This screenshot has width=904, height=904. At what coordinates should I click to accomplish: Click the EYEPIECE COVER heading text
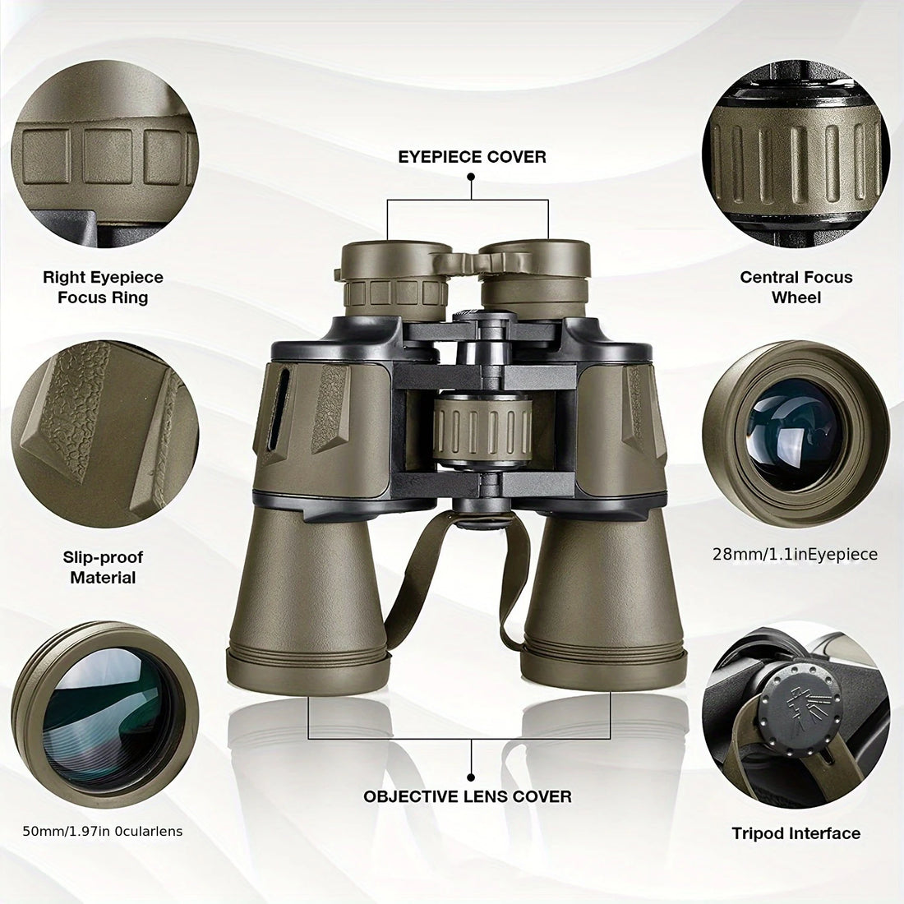(472, 156)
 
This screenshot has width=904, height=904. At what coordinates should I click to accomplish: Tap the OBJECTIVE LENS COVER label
(468, 796)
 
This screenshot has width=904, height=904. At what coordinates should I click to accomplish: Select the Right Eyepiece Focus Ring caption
(103, 288)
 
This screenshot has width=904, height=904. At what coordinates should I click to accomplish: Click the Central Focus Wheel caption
(796, 288)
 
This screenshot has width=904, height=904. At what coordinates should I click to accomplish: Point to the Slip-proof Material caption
(103, 567)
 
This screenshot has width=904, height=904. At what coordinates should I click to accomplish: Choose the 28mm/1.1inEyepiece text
(795, 555)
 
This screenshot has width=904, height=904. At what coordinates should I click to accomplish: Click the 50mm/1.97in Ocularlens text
(103, 832)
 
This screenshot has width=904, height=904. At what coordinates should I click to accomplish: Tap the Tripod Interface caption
(796, 833)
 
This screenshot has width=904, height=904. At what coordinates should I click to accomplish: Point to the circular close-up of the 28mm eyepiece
(796, 427)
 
